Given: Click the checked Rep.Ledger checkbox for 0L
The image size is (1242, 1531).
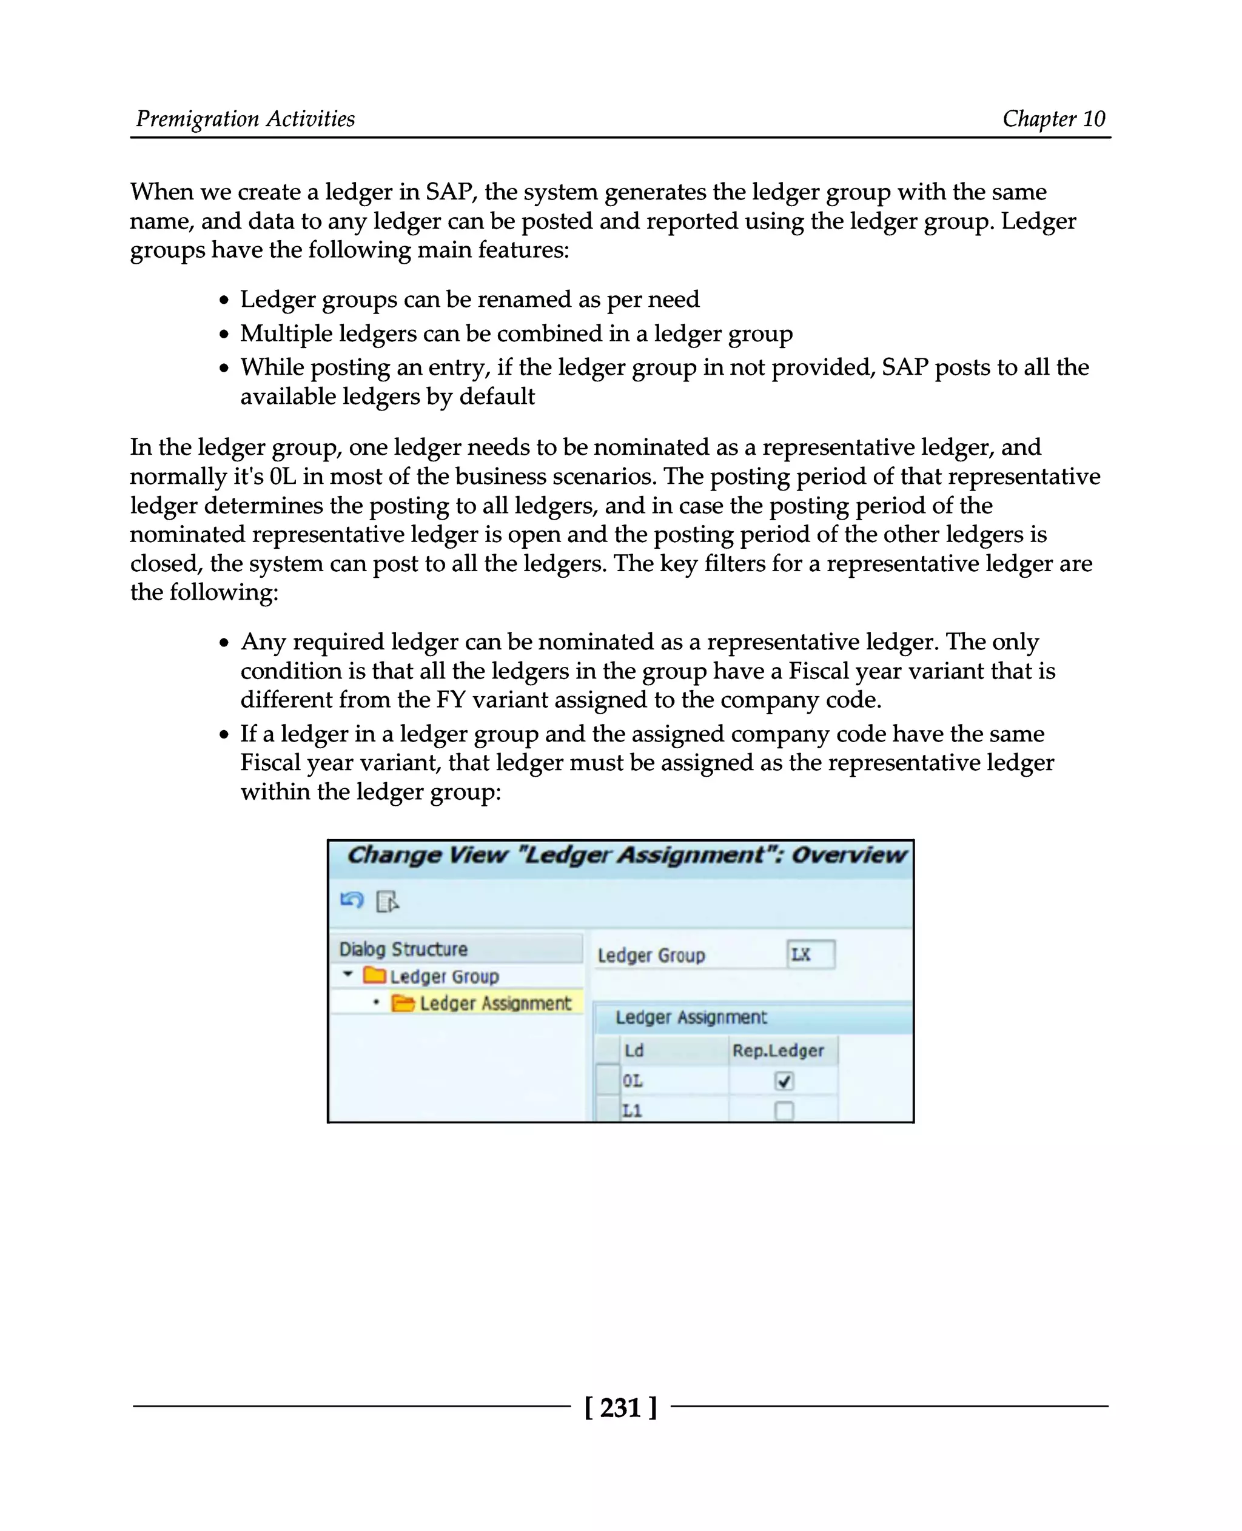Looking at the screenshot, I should pyautogui.click(x=784, y=1081).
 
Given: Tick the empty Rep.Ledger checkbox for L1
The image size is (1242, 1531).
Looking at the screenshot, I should pyautogui.click(x=784, y=1111).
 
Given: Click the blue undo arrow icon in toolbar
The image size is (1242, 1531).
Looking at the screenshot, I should pyautogui.click(x=352, y=901).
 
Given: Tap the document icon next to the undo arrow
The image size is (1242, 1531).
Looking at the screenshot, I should pyautogui.click(x=387, y=902).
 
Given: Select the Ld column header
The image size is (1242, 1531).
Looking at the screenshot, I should pyautogui.click(x=634, y=1050).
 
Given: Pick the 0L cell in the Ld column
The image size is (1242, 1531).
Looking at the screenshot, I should pyautogui.click(x=633, y=1081).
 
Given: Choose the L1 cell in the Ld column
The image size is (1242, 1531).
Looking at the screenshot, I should pyautogui.click(x=633, y=1111).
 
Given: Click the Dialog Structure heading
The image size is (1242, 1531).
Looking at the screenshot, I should pyautogui.click(x=403, y=949).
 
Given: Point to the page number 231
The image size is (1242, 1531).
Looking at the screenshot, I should pyautogui.click(x=620, y=1408).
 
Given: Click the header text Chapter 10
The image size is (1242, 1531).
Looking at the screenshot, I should pyautogui.click(x=1053, y=119).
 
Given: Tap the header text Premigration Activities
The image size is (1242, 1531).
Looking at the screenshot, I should pyautogui.click(x=246, y=119).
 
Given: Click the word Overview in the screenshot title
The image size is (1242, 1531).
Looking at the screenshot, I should pyautogui.click(x=848, y=855).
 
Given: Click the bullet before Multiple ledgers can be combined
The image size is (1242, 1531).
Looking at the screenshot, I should pyautogui.click(x=224, y=334).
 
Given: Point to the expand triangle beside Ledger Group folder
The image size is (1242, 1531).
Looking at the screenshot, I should pyautogui.click(x=347, y=974).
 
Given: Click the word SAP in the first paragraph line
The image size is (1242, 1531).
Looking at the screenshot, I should pyautogui.click(x=449, y=192).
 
